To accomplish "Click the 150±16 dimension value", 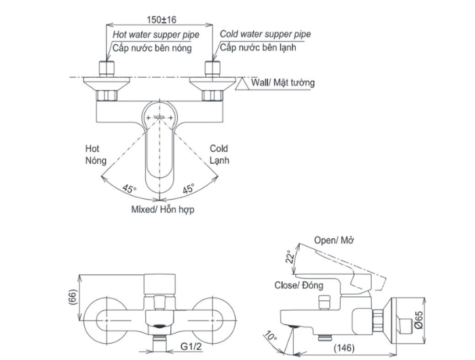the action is pos(161,20).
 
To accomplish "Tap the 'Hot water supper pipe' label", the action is pos(156,35).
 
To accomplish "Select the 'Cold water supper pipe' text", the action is pos(265,34).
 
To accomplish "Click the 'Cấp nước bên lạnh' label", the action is pos(258,48).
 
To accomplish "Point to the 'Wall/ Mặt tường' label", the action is pos(283,82).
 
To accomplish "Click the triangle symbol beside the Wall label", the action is pos(242,84).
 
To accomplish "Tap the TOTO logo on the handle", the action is pos(159,117).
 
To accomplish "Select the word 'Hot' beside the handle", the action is pos(92,149).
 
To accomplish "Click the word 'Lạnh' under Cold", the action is pos(219,160).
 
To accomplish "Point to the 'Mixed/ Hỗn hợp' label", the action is pos(163,209).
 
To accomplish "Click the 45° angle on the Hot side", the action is pos(130,189).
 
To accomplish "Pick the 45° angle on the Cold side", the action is pos(189,188).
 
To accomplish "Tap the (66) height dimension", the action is pos(73,297).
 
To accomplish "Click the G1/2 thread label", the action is pos(191,346).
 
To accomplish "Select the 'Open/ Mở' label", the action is pos(334,240).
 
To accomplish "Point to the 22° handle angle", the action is pos(290,257).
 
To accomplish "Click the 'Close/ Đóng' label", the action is pos(299,285).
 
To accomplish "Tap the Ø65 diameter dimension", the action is pos(419,321).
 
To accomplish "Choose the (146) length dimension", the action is pos(344,348).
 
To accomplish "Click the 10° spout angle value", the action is pos(270,336).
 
